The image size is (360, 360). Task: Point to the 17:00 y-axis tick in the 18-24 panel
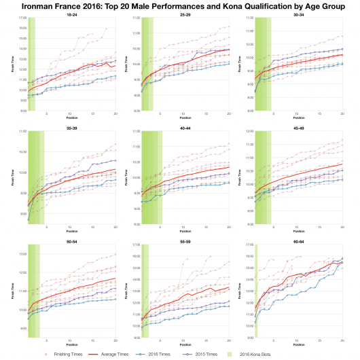(22, 18)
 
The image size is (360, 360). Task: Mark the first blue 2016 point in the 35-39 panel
(29, 219)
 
